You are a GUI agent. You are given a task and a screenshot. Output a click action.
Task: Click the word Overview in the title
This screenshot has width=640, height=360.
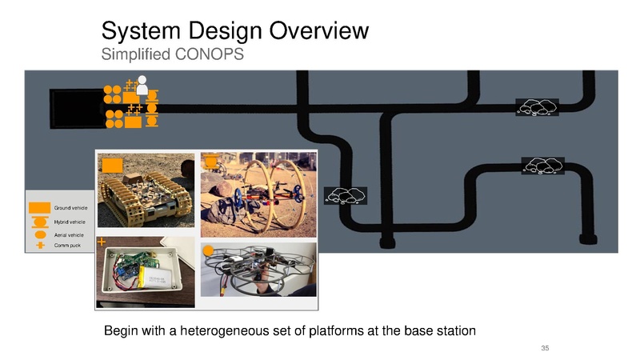coord(318,30)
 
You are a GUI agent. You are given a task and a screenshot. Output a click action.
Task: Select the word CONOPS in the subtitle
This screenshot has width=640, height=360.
coord(210,54)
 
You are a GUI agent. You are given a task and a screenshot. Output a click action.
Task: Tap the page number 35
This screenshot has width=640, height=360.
coord(545,348)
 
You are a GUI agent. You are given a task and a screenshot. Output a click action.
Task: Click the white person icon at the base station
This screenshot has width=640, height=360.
coord(142,85)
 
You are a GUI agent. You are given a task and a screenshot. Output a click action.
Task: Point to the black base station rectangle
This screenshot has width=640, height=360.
coord(77,109)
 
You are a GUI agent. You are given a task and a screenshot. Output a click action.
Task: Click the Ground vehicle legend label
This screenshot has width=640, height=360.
coord(70,208)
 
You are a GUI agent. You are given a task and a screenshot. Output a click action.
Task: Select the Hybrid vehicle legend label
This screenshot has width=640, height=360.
coord(70,222)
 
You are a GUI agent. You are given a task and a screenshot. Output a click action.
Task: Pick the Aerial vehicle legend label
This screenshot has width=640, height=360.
coord(69,235)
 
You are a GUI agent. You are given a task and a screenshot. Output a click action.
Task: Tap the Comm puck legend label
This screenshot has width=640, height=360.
coord(67,246)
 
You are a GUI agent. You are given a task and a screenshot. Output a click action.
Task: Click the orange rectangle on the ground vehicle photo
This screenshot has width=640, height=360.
coord(112,166)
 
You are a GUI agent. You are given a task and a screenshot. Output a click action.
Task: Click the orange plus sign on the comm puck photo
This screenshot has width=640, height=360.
coord(102,242)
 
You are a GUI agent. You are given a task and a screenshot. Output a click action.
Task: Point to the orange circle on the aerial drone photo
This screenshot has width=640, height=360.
coord(208,250)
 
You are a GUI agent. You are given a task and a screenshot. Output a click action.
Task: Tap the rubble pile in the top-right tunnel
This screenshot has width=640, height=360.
coord(537,107)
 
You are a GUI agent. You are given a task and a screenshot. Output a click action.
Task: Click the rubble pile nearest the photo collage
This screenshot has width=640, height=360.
coord(346,196)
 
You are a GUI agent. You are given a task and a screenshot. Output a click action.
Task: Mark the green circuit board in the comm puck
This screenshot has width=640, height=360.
coord(128,262)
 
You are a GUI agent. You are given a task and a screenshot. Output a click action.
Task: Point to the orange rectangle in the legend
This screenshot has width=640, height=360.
coord(39,208)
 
